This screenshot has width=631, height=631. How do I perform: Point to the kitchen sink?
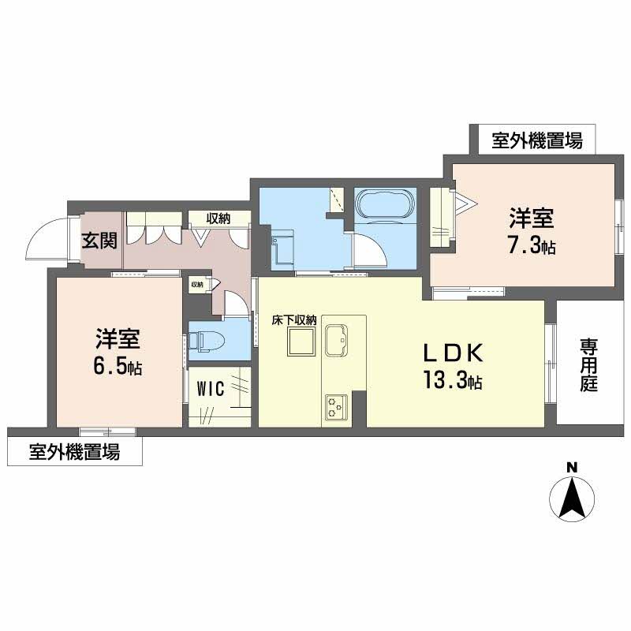[x=341, y=340]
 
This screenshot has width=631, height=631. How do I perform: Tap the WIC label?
[x=211, y=388]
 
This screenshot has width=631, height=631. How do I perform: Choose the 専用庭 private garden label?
[x=589, y=365]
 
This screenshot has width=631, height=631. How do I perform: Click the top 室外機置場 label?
[x=537, y=142]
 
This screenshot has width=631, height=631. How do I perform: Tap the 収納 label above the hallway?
[x=218, y=218]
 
